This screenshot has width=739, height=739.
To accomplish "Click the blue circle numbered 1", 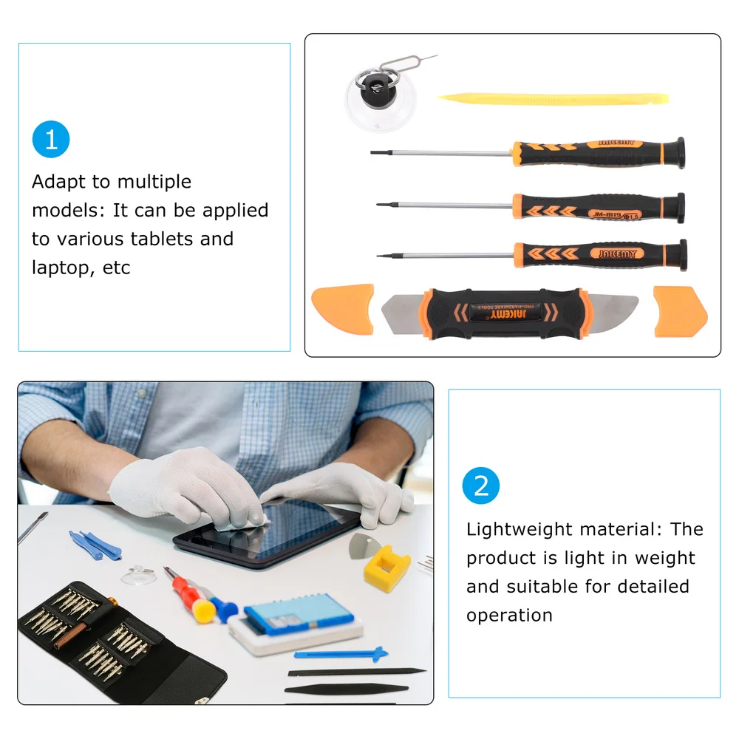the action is point(51,140).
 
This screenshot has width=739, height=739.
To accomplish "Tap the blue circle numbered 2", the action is point(481,486).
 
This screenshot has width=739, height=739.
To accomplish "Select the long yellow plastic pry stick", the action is point(552,99).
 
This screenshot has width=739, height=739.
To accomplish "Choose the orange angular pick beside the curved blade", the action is point(680,312).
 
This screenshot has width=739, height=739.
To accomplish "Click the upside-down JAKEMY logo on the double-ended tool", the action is point(508,314).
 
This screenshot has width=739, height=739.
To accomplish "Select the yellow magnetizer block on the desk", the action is point(386,568).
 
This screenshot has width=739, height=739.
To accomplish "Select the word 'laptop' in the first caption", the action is point(61,268).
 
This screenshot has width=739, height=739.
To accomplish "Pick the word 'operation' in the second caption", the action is point(509,616).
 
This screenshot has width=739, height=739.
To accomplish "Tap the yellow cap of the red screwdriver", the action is point(205,610).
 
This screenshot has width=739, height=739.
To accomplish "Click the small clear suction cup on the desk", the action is point(138,575).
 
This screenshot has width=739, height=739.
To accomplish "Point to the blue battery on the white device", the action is point(299,613).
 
